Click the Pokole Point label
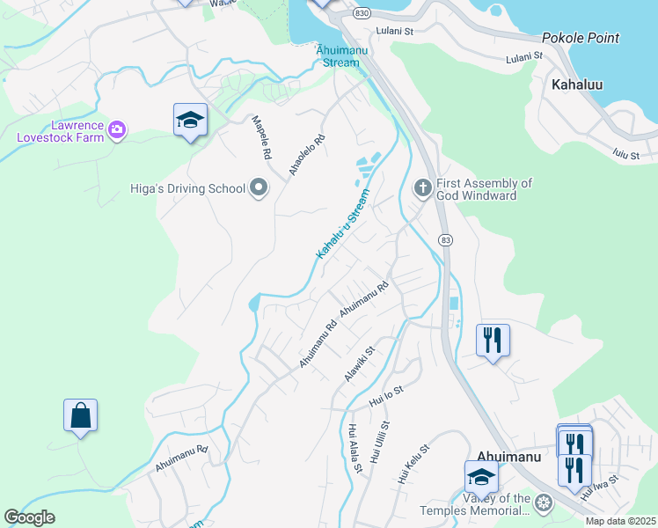pyautogui.click(x=581, y=38)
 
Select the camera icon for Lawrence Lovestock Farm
pyautogui.click(x=117, y=131)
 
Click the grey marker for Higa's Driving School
pyautogui.click(x=259, y=188)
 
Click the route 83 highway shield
pyautogui.click(x=446, y=239)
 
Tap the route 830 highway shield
pyautogui.click(x=361, y=14)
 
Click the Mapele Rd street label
pyautogui.click(x=261, y=136)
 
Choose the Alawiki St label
pyautogui.click(x=360, y=363)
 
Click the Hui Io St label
pyautogui.click(x=386, y=394)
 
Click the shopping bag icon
pyautogui.click(x=80, y=415)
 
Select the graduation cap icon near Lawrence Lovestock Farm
pyautogui.click(x=189, y=120)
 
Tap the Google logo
pyautogui.click(x=30, y=517)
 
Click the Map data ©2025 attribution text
pyautogui.click(x=619, y=521)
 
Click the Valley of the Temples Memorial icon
pyautogui.click(x=544, y=503)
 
